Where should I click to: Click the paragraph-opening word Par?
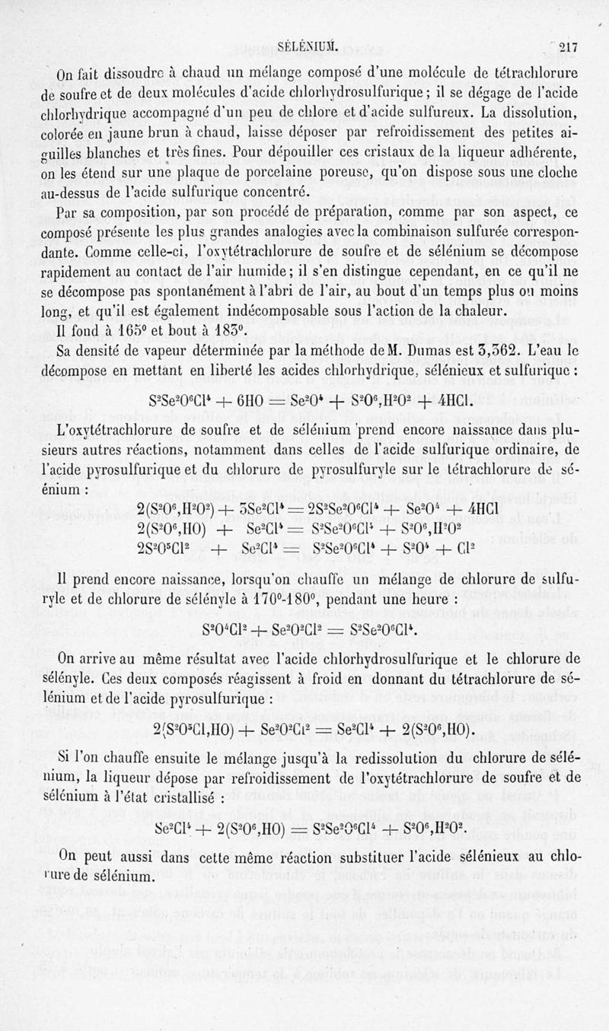click(x=71, y=212)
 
